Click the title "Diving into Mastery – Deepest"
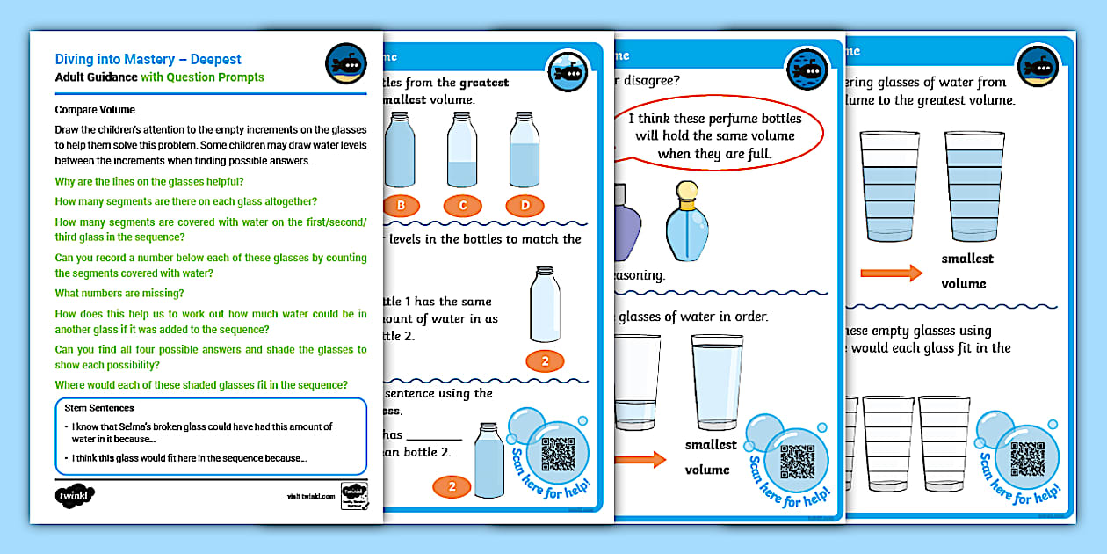coord(148,60)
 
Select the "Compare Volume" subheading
coord(95,110)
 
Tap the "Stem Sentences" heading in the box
coord(99,408)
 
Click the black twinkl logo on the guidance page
coord(75,495)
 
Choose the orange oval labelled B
coord(401,206)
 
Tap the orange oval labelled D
coord(524,206)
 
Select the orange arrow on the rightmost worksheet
coord(891,273)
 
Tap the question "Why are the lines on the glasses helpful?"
coord(149,182)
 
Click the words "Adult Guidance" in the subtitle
coord(96,77)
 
